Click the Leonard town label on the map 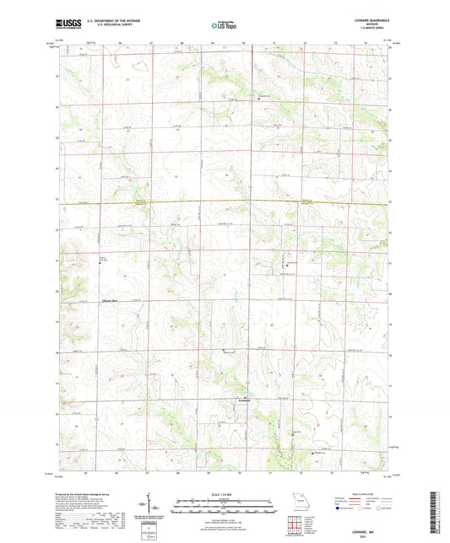[x=244, y=400]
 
